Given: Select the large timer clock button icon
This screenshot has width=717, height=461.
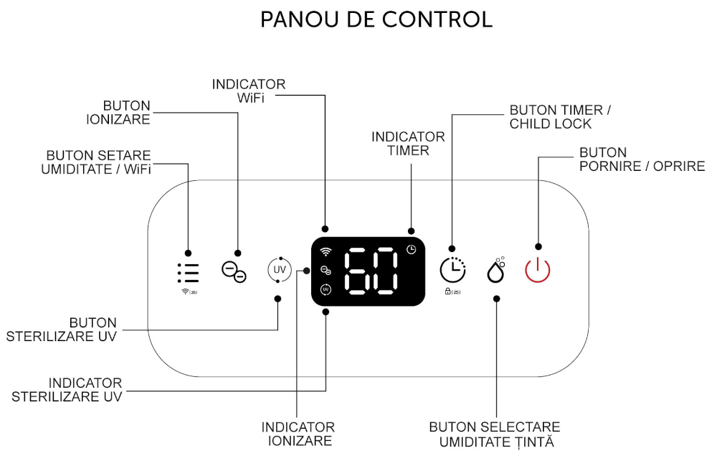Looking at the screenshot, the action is click(x=452, y=270).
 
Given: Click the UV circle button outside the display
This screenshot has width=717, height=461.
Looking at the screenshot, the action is click(x=280, y=270).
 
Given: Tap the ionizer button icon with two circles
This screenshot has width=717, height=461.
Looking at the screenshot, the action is click(x=234, y=271).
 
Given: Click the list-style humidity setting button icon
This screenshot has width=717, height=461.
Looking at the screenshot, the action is click(x=188, y=273).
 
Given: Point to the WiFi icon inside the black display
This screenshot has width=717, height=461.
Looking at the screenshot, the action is click(x=326, y=252).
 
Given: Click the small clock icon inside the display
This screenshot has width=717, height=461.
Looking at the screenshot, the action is click(x=411, y=249).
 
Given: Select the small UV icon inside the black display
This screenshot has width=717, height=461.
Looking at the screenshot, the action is click(x=326, y=289).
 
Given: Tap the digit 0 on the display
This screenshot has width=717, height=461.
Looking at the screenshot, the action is click(x=384, y=271).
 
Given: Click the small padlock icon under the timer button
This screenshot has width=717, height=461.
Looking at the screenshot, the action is click(x=447, y=291).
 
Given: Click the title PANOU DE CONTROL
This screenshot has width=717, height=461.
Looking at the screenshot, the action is click(x=376, y=19).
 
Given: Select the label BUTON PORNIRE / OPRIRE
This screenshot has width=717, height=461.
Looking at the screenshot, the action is click(x=642, y=159).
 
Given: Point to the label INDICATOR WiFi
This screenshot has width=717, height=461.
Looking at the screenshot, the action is click(x=249, y=90).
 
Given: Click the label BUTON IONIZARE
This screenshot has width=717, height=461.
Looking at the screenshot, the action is click(x=118, y=113).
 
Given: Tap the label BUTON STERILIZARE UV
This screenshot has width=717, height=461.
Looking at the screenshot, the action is click(x=61, y=330).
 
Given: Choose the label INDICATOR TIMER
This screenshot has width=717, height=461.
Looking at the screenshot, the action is click(x=408, y=144).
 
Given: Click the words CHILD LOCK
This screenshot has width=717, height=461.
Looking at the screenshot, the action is click(x=551, y=124).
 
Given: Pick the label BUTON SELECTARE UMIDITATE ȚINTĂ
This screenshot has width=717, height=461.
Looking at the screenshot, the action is click(x=495, y=434).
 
